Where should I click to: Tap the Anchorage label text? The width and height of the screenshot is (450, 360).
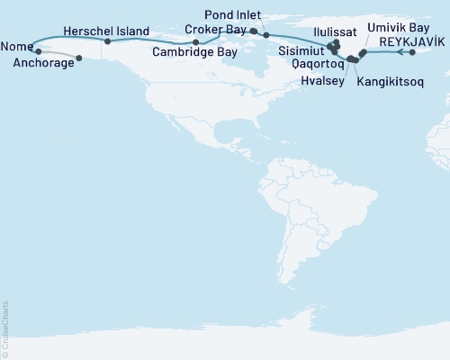click(x=44, y=63)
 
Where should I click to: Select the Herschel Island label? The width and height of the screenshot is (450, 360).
click(x=107, y=31)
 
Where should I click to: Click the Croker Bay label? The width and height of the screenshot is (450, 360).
click(x=215, y=30)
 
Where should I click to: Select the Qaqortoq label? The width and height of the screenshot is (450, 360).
click(x=304, y=66)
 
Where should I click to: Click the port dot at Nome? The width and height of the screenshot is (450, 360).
click(x=38, y=51)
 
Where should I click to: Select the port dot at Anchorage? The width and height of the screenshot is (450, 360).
click(x=80, y=59)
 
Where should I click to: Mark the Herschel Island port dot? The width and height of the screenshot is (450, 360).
click(x=107, y=41)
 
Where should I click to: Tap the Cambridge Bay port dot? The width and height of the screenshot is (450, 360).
click(x=195, y=42)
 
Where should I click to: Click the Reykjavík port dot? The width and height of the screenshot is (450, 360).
click(x=412, y=52)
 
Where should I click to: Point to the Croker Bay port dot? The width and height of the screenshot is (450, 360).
click(x=254, y=31)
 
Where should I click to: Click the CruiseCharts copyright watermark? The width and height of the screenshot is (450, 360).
click(x=6, y=329)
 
